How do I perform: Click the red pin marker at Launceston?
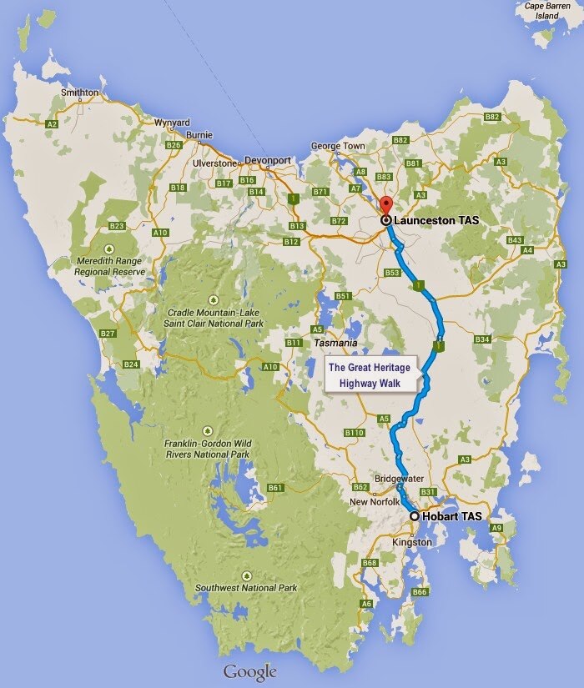tap(385, 207)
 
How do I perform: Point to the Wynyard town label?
tap(172, 122)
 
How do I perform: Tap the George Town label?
tap(338, 146)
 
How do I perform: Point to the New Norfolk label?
tap(370, 502)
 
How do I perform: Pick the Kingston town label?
tap(412, 543)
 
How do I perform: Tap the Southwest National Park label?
tap(247, 588)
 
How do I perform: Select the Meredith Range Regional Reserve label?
tap(108, 265)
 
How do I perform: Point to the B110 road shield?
tap(355, 433)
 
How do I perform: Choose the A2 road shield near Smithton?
tap(52, 123)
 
